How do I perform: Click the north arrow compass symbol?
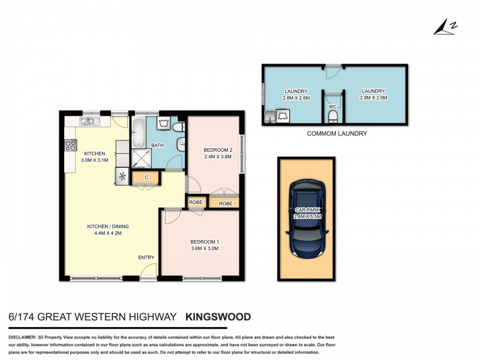[x=443, y=26]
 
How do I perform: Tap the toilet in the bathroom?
[x=178, y=128]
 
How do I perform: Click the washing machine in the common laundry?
[x=282, y=115]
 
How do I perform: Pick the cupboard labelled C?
[x=146, y=177]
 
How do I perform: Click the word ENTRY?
[x=146, y=257]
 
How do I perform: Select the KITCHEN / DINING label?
[x=108, y=226]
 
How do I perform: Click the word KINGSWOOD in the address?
[x=218, y=316]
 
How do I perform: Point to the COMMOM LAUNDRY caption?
[x=337, y=134]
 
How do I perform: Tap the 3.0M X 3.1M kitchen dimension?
[x=95, y=160]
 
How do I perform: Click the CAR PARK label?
[x=307, y=210]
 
